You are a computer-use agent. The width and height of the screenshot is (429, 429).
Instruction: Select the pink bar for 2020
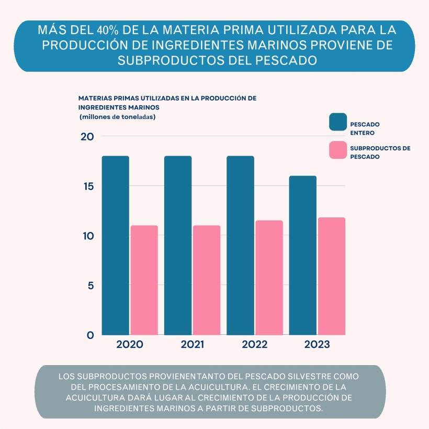144,280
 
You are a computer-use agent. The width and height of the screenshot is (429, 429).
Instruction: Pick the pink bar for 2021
207,280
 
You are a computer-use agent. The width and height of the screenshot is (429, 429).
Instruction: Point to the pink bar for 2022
269,278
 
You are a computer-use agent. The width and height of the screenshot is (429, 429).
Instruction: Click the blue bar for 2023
303,255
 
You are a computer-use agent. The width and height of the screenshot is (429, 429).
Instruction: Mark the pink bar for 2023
332,276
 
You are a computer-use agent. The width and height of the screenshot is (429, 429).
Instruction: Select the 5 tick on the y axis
90,285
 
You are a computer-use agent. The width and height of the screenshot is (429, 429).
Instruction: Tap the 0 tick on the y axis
90,335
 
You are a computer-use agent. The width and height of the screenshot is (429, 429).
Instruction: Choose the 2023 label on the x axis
317,345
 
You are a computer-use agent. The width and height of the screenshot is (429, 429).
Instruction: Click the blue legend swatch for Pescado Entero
338,122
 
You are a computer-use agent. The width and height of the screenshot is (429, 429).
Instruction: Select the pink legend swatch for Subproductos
338,150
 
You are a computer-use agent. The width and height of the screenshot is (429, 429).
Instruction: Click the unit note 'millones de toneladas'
117,117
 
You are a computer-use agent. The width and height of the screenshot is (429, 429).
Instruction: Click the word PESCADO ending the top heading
286,60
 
